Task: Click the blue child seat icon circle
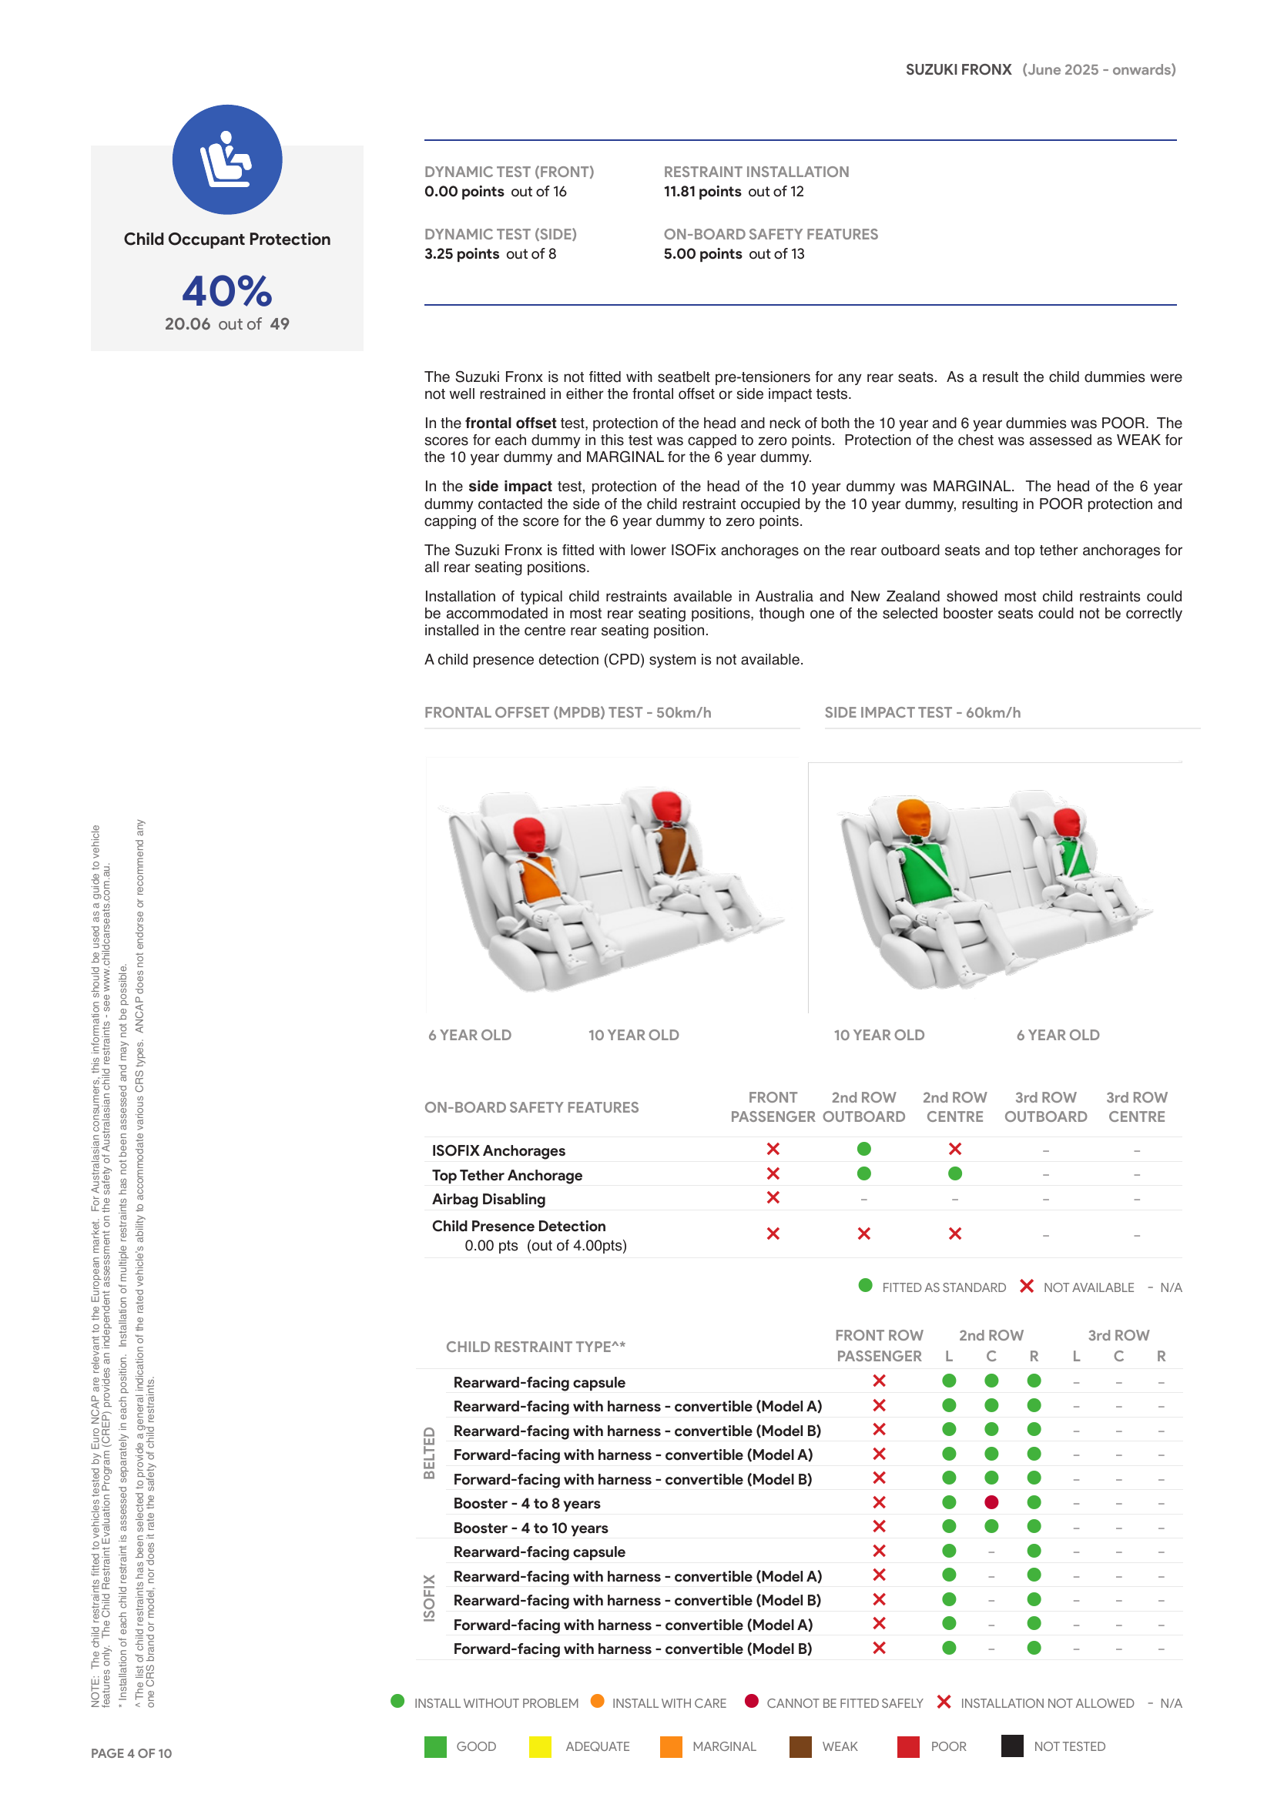(x=226, y=159)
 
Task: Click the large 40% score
(x=226, y=291)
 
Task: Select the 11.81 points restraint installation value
(x=702, y=192)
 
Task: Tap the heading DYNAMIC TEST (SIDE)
(x=500, y=234)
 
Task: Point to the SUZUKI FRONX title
(x=958, y=70)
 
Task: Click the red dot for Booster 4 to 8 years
(x=991, y=1502)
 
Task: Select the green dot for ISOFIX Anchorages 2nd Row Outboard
(x=863, y=1149)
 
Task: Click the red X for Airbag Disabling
(x=773, y=1198)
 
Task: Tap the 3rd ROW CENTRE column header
(x=1136, y=1106)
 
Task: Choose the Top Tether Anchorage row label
(x=507, y=1175)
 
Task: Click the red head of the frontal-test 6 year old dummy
(x=529, y=835)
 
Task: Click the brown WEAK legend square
(x=800, y=1747)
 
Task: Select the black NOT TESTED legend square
(x=1012, y=1746)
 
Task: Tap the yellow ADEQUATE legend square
(x=541, y=1747)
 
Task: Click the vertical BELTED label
(x=429, y=1454)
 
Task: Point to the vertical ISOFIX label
(x=429, y=1598)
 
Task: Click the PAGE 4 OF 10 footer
(x=131, y=1753)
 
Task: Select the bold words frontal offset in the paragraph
(x=511, y=423)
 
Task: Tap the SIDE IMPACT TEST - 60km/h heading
(x=922, y=712)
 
